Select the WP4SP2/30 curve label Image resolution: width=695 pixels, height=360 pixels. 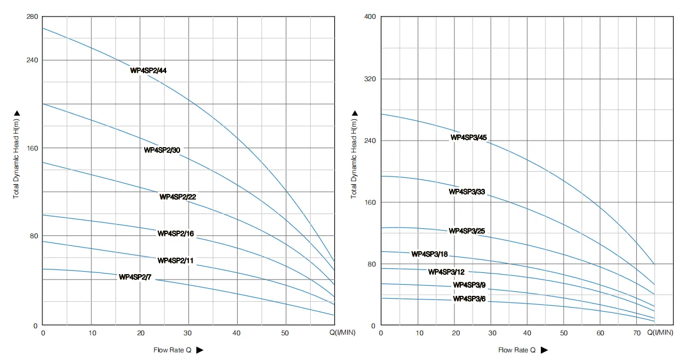click(162, 150)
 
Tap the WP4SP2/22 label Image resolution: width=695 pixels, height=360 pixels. click(177, 196)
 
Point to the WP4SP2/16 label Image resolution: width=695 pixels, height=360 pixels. click(175, 234)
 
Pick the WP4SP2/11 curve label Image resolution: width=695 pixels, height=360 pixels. click(175, 260)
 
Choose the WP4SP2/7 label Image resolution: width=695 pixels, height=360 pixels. click(135, 277)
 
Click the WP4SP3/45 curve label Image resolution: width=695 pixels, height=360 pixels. click(468, 138)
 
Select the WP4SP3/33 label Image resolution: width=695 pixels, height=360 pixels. click(467, 192)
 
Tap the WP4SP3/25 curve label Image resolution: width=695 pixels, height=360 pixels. click(467, 231)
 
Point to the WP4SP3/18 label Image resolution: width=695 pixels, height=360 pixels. click(429, 254)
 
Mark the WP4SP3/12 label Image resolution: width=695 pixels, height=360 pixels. click(446, 272)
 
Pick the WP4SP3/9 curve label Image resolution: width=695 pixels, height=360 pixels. click(469, 285)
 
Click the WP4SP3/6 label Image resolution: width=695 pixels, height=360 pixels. click(469, 299)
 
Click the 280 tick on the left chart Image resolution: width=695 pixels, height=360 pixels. click(32, 16)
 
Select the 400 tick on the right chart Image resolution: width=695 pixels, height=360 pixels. click(370, 16)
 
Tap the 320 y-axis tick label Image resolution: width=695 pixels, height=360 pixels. click(370, 79)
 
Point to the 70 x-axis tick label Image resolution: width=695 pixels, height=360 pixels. click(637, 333)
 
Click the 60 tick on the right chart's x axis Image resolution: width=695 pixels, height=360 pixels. click(600, 333)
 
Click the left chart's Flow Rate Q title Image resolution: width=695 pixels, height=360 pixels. click(172, 350)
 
